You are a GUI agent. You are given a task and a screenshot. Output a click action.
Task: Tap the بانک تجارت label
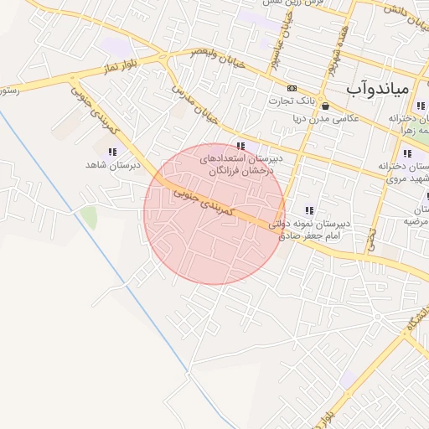[291, 101]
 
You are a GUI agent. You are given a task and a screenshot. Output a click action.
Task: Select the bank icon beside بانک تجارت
[292, 88]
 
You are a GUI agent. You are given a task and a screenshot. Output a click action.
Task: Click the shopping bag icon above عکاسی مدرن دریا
[325, 106]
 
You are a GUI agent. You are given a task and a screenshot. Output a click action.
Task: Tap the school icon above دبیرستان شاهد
[112, 152]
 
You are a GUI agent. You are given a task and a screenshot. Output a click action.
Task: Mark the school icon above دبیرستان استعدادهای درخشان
[241, 146]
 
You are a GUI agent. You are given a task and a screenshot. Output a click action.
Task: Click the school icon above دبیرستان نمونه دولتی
[309, 210]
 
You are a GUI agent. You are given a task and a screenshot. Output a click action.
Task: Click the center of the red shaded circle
[214, 214]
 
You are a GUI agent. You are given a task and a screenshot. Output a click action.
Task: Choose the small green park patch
[88, 218]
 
